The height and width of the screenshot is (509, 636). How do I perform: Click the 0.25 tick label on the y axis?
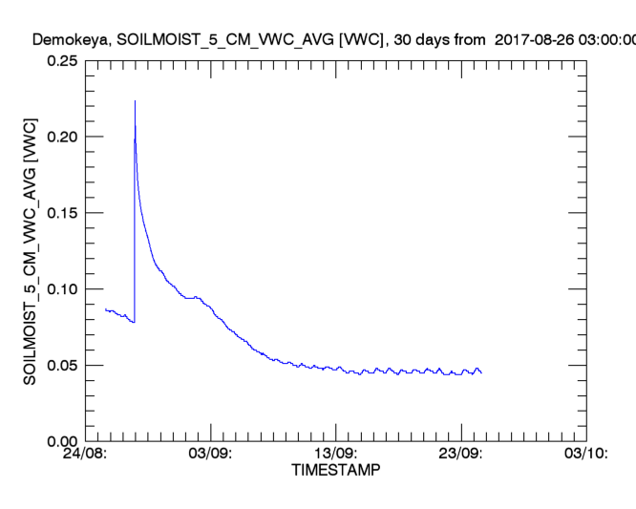point(61,60)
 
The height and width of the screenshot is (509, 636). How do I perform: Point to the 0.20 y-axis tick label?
point(61,137)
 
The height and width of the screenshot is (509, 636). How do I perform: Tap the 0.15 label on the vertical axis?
point(61,213)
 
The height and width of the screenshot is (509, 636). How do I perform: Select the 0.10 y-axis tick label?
point(61,289)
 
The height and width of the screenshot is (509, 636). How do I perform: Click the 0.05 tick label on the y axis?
point(61,366)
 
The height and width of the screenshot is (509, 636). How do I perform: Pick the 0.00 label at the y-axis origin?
point(61,441)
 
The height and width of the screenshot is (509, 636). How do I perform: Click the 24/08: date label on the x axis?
point(85,455)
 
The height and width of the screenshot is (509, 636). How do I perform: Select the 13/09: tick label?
point(335,455)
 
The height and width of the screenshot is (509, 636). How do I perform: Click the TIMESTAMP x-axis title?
point(335,471)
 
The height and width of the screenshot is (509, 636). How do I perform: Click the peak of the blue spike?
point(135,100)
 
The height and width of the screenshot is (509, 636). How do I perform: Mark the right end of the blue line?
point(481,371)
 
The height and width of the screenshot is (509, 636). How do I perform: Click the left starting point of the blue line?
point(105,308)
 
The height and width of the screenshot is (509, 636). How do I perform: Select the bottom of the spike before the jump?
point(135,322)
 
